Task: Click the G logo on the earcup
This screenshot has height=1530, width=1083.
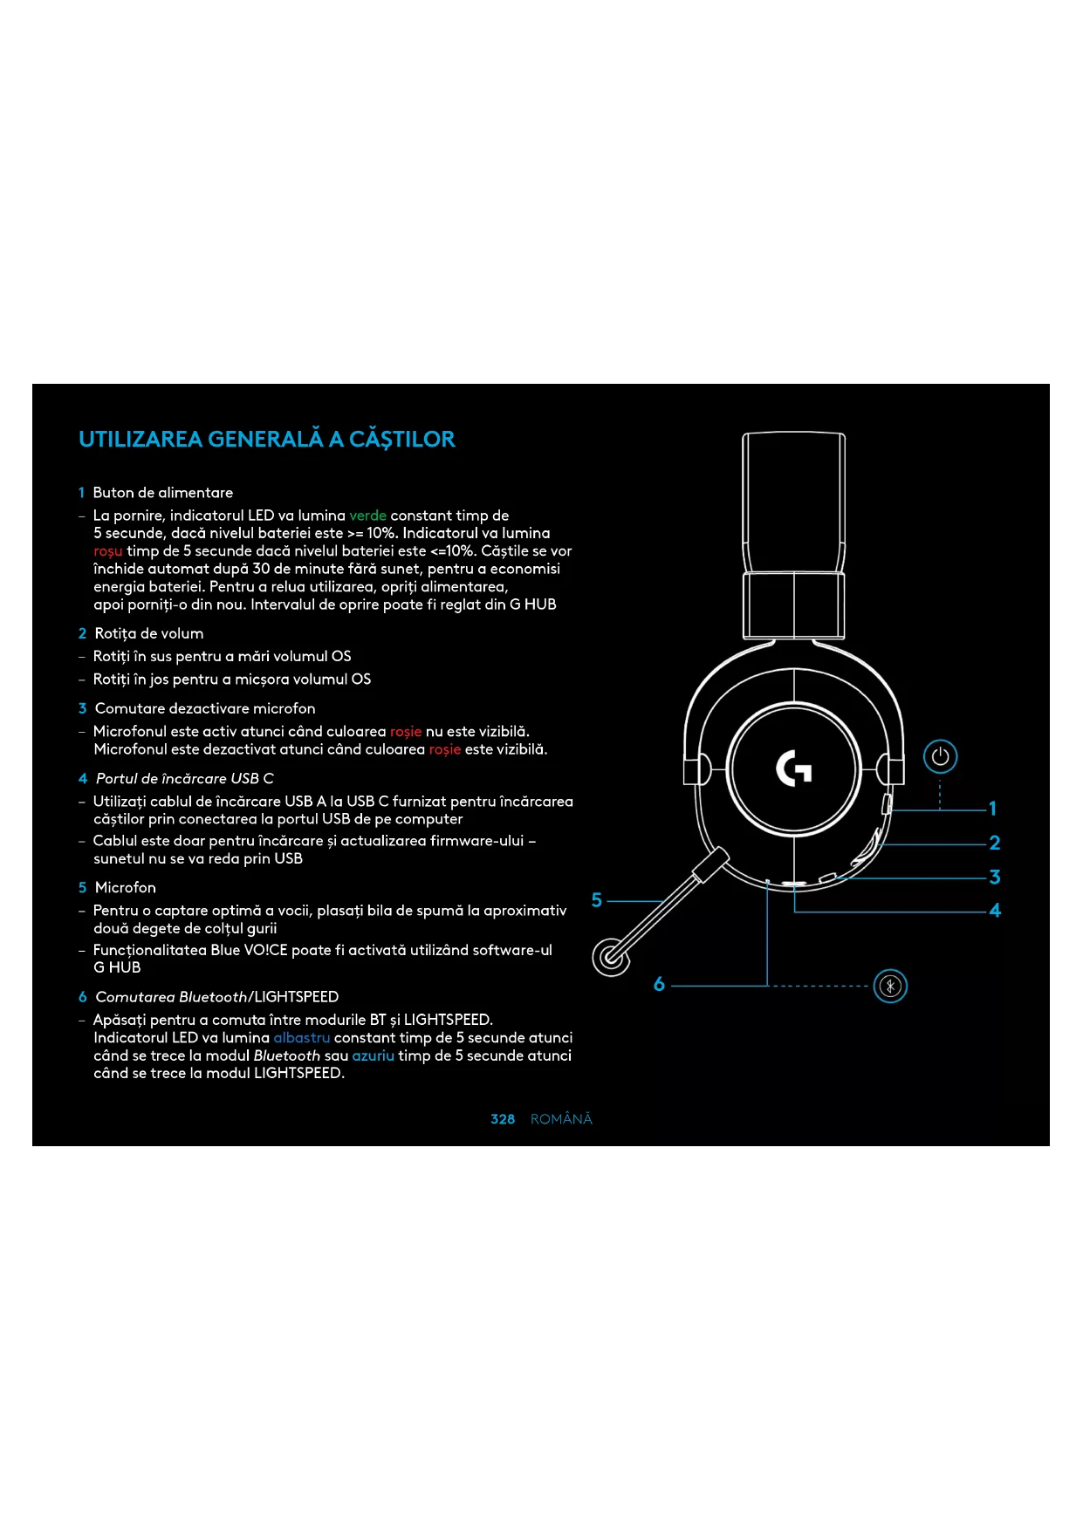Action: (x=794, y=768)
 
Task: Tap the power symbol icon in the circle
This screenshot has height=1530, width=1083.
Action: (x=940, y=756)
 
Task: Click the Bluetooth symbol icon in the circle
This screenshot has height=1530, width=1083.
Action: (x=890, y=987)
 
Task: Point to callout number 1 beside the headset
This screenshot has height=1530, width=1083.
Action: (x=992, y=809)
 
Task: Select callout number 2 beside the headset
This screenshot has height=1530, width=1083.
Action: (x=994, y=843)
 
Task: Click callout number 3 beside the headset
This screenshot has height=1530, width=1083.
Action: (x=994, y=877)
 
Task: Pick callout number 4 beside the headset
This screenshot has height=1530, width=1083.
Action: (x=994, y=911)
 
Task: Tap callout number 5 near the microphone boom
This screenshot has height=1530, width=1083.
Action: (x=597, y=900)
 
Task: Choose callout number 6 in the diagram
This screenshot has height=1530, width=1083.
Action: (x=659, y=985)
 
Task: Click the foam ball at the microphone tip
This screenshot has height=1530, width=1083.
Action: (x=611, y=957)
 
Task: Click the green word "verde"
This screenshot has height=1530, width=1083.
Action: (x=367, y=516)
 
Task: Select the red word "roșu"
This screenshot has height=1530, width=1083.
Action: (x=108, y=551)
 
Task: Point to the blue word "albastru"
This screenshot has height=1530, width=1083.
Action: (x=301, y=1038)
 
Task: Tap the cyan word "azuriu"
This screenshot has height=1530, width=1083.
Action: (x=373, y=1055)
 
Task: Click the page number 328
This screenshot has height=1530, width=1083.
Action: (x=503, y=1119)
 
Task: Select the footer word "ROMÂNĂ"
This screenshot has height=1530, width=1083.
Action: (x=561, y=1119)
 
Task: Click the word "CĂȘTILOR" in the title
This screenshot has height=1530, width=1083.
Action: (x=402, y=439)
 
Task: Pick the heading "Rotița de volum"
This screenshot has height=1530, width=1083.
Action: (x=149, y=633)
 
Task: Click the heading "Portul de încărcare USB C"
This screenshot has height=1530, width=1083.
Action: (x=184, y=778)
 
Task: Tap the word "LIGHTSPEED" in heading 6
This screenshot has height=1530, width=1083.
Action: (x=297, y=997)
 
